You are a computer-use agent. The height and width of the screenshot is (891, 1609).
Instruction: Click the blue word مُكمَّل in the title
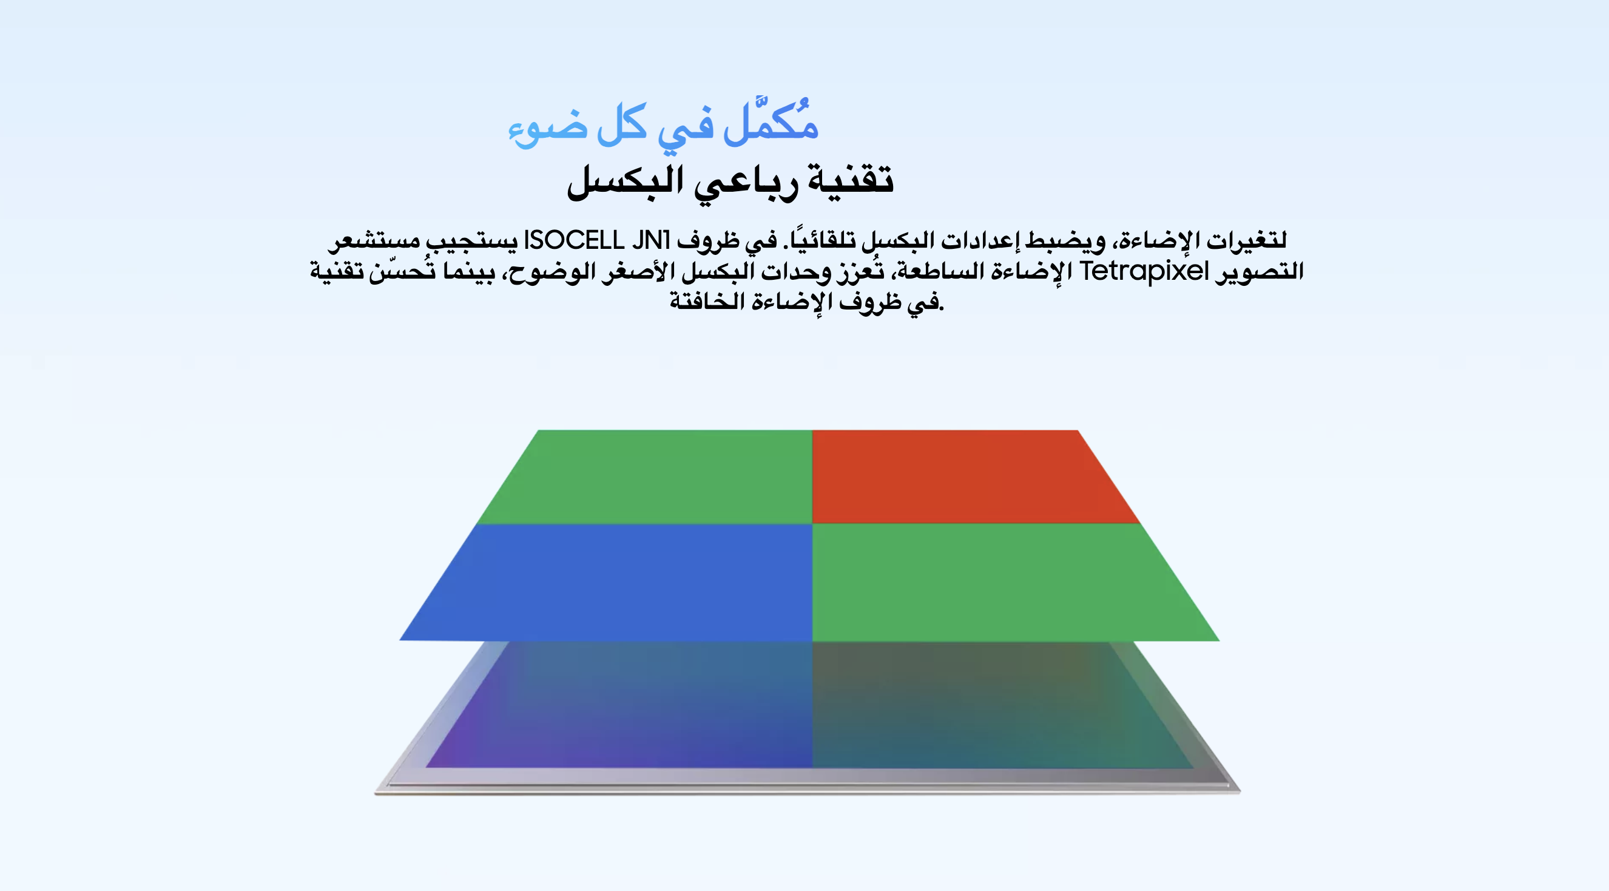[x=771, y=121]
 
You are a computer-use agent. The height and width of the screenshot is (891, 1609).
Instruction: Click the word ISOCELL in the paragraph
[x=573, y=240]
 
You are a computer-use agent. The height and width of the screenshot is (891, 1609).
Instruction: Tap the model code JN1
[x=651, y=240]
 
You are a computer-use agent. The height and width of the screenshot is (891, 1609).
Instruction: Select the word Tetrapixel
[x=1144, y=272]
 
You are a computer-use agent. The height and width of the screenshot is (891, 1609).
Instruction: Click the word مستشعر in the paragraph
[x=374, y=241]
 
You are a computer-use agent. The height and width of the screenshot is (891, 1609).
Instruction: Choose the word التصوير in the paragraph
[x=1259, y=271]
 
